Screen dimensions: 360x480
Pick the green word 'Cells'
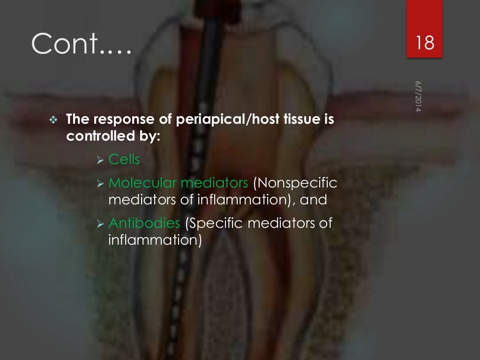124,159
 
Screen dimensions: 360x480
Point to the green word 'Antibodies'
144,223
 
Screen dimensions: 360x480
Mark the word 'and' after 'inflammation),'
314,200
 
